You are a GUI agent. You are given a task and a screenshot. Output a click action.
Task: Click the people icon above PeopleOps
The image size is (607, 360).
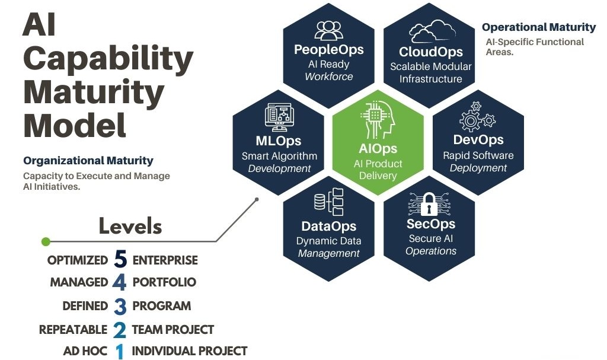[328, 31]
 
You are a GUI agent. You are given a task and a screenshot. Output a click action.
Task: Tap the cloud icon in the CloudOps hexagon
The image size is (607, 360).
[432, 31]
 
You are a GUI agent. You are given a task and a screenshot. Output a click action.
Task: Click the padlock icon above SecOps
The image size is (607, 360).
[429, 204]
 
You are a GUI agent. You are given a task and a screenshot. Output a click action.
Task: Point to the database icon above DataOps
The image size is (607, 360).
[328, 202]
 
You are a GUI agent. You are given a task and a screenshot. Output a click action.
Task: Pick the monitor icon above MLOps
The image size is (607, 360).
[279, 117]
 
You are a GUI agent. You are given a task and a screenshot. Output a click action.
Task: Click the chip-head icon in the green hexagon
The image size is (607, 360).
[378, 120]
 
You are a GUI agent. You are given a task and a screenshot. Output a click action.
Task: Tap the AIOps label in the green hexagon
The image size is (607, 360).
[378, 148]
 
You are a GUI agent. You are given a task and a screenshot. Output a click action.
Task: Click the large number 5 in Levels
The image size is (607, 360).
[120, 259]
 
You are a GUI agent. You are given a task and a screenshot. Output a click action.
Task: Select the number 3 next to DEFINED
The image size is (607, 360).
[120, 306]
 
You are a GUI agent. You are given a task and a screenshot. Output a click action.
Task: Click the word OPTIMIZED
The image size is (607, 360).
[78, 260]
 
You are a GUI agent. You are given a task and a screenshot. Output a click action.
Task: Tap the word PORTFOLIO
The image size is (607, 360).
[164, 282]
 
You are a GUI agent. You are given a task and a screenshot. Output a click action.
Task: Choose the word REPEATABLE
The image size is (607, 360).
[73, 330]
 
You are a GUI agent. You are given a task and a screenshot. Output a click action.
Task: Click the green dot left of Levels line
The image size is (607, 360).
[46, 242]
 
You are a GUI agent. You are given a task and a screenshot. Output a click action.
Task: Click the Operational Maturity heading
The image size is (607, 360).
[539, 27]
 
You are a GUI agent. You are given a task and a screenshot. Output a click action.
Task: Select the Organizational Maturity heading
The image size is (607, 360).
[88, 161]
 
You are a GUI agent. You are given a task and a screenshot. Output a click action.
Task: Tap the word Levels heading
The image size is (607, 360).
[130, 226]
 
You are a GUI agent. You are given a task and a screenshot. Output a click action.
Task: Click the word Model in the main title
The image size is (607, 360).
[75, 125]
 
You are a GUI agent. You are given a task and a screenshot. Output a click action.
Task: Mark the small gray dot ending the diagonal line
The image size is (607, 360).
[257, 199]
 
